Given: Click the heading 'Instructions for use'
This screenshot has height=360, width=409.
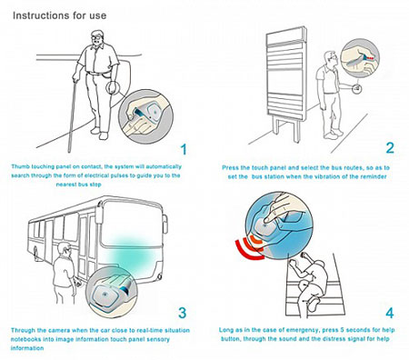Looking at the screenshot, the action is coord(60,15).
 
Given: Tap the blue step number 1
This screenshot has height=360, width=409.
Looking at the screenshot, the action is coord(184,150).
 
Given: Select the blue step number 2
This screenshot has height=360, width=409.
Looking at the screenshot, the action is coord(390,148).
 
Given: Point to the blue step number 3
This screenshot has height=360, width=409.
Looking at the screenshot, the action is coord(182,313).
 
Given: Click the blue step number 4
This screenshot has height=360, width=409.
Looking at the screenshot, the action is coord(389,313).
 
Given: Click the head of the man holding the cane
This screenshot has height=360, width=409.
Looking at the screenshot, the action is coord(97,38).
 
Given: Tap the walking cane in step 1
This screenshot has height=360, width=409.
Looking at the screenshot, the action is coord(73,115).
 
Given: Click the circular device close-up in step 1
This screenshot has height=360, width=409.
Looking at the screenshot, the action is coord(145,116).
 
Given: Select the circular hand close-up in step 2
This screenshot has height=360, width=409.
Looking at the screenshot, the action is coord(360,58).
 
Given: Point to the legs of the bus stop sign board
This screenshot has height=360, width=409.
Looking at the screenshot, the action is coord(286,129).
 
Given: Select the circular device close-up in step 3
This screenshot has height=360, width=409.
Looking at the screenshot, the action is coord(112,293).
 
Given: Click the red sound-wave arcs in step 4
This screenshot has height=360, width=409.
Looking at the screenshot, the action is coord(250,246).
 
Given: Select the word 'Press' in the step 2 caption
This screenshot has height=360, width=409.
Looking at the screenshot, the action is coord(230,167).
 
